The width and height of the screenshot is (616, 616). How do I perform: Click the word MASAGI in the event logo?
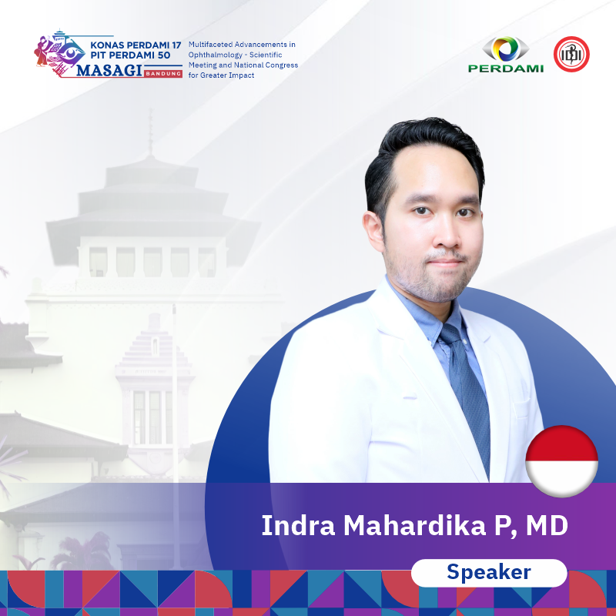coord(109,70)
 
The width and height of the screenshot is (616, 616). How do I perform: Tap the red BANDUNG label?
coord(163,73)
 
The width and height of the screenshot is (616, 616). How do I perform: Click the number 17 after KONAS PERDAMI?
coord(176,45)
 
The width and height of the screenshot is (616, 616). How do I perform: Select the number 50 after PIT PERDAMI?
coord(164,55)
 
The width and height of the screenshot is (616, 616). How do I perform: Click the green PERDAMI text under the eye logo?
coord(506,69)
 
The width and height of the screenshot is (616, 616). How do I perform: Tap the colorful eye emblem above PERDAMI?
coord(506,49)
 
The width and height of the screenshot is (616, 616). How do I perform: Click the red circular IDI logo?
coord(571,54)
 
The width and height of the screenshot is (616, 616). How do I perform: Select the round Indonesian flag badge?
coord(562,461)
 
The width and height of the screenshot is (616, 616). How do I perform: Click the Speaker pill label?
coord(489,572)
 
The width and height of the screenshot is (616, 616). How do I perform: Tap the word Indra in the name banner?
coord(298,525)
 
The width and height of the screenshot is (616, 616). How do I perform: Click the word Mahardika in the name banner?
coord(415,525)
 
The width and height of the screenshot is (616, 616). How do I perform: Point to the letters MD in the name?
coord(547,526)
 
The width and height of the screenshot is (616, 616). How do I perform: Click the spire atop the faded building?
coord(150,132)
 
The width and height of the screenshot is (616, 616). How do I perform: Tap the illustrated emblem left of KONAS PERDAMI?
coord(59,53)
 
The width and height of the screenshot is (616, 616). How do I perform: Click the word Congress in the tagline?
coord(283,65)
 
